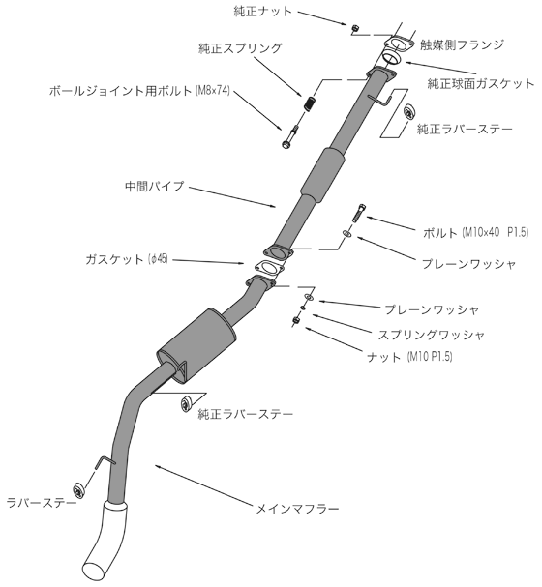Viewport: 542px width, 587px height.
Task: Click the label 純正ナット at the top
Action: [x=262, y=12]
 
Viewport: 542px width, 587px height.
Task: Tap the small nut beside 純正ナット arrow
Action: [x=354, y=28]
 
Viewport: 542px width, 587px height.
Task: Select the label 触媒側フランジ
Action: [x=462, y=44]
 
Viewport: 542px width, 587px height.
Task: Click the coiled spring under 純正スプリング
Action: [x=310, y=103]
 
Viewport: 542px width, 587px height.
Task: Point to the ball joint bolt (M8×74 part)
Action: [x=290, y=136]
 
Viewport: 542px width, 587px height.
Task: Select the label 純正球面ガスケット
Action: [x=481, y=83]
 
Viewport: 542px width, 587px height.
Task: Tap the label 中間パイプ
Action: [x=155, y=186]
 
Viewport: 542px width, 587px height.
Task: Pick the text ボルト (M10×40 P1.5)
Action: [x=475, y=233]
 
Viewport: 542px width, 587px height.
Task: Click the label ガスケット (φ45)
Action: [x=127, y=259]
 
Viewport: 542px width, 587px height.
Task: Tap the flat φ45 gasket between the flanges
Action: [x=268, y=269]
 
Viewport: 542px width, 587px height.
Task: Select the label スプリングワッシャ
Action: [x=431, y=335]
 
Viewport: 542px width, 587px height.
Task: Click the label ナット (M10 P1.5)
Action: [x=409, y=357]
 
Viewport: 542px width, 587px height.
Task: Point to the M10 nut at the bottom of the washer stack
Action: [x=296, y=320]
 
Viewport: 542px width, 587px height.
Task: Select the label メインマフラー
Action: [x=297, y=509]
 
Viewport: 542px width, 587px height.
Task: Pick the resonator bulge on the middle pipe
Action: [x=323, y=176]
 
